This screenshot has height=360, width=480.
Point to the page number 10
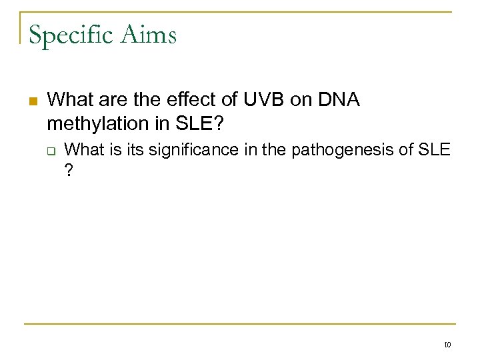[447, 345]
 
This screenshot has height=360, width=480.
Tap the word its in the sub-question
[133, 150]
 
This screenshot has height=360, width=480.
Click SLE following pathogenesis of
[435, 150]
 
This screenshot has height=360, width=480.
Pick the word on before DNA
[299, 101]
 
